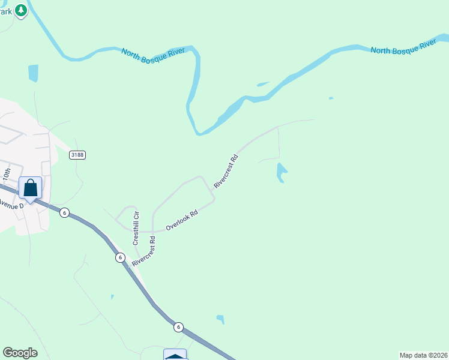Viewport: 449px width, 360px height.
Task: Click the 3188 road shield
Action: tap(77, 155)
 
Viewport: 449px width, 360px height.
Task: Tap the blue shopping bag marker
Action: tap(30, 188)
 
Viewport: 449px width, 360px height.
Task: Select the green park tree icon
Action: tap(22, 10)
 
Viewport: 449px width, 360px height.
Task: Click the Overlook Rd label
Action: tap(182, 220)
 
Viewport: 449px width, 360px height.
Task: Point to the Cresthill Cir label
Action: tap(136, 228)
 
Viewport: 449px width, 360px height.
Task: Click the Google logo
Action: tap(20, 353)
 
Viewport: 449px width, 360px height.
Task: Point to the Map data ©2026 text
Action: tap(423, 355)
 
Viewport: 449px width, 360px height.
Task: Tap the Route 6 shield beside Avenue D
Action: tap(64, 212)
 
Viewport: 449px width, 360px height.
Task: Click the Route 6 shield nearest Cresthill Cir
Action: tap(120, 257)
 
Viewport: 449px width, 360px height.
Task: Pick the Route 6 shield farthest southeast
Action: tap(178, 327)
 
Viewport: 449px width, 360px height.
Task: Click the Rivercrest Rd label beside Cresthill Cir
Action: tap(144, 251)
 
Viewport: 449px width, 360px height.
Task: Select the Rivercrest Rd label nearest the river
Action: tap(226, 172)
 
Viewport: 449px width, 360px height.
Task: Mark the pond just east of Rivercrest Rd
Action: tap(280, 172)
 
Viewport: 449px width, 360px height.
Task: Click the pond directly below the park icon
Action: tap(33, 73)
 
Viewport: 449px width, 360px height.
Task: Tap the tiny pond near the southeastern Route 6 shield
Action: tap(220, 319)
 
